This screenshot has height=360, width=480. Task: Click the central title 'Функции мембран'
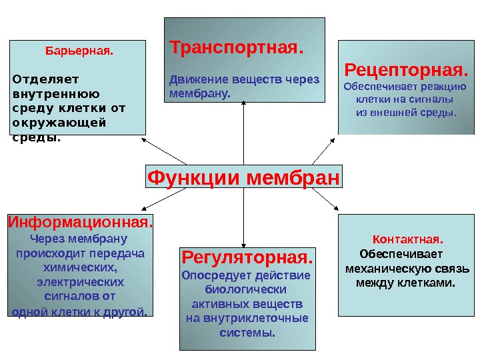coord(243,178)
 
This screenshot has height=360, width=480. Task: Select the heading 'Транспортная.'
coord(237,49)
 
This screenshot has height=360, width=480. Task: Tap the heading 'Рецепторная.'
coord(406,70)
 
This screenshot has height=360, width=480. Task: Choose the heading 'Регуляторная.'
coord(247,257)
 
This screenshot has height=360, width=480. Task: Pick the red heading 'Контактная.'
coord(408,239)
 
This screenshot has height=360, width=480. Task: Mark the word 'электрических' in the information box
coord(79,281)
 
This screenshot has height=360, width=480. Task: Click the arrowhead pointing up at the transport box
coord(244,104)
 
